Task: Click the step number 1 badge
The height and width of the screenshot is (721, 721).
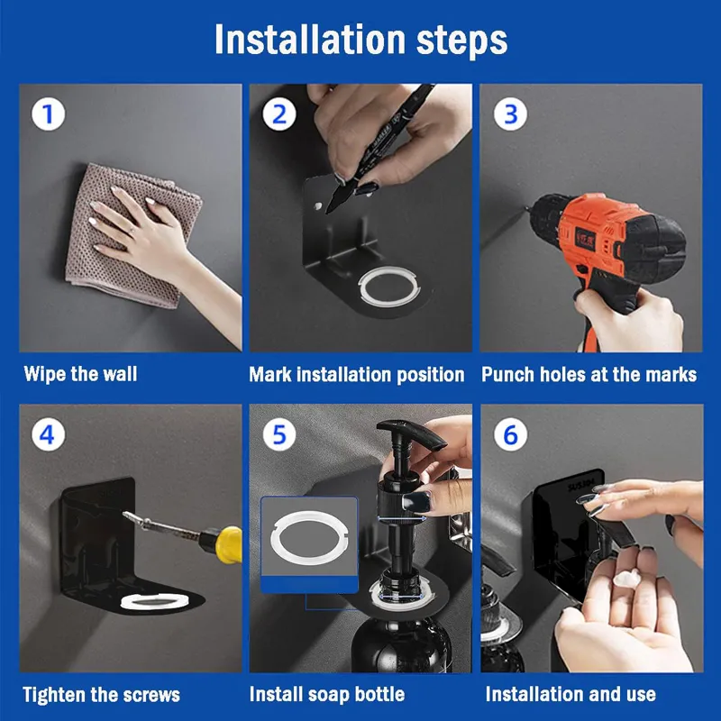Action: tap(49, 114)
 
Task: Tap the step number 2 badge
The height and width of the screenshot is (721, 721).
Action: tap(279, 114)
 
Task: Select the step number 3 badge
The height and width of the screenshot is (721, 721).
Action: tap(510, 114)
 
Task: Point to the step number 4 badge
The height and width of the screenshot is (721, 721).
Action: tap(49, 434)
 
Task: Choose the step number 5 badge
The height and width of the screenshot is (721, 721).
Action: tap(279, 434)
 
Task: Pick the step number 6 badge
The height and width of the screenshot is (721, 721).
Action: tap(510, 434)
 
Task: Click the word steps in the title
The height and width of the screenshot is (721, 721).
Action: tap(461, 41)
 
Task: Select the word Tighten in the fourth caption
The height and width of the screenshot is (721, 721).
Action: tap(55, 695)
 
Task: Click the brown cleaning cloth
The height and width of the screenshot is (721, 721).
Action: tap(133, 235)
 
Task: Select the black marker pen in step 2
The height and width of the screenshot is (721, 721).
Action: tap(380, 147)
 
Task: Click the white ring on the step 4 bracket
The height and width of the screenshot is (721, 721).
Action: tap(155, 601)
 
